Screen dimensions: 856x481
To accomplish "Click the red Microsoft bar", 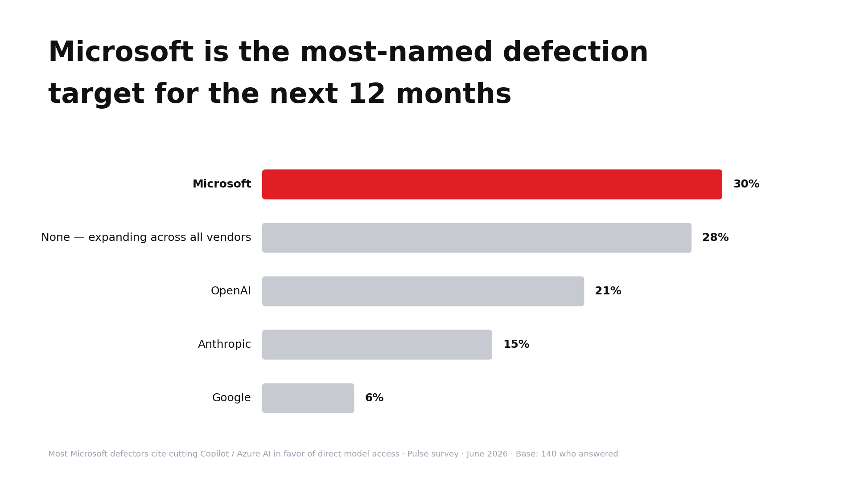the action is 492,184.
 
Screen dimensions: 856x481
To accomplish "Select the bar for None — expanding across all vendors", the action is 477,238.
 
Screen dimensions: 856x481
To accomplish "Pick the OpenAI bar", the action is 423,291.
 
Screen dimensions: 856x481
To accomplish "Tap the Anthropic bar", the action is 377,345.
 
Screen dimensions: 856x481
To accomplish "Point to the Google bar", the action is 308,398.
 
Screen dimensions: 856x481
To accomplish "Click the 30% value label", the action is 746,184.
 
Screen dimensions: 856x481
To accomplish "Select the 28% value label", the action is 716,238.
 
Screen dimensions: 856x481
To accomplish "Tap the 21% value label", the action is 608,291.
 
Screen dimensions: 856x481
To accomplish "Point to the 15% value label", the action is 516,345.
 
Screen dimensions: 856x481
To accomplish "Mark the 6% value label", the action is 374,398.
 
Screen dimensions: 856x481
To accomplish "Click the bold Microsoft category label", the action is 222,184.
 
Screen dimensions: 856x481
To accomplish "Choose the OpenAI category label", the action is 231,291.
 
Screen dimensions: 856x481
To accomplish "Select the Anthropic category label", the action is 225,345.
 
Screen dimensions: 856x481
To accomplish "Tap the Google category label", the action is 231,398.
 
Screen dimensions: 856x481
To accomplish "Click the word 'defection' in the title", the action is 575,53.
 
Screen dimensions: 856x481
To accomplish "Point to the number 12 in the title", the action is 366,94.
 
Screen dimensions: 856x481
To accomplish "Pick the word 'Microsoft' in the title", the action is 121,53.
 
